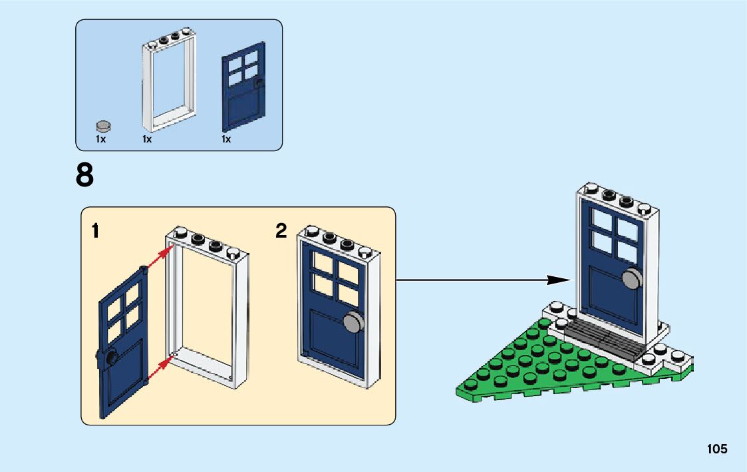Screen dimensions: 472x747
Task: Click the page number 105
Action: [717, 449]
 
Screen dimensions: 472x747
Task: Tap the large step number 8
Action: [85, 176]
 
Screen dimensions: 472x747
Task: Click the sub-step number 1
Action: [96, 232]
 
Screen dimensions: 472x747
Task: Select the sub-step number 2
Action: [281, 231]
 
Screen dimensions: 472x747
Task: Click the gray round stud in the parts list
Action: [104, 125]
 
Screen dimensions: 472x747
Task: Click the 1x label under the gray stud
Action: [100, 140]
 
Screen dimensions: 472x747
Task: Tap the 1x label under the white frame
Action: [147, 140]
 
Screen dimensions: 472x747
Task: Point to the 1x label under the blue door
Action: [226, 140]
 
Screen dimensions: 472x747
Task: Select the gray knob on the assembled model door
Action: [633, 280]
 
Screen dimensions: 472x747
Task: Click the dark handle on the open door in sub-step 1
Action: [109, 359]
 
